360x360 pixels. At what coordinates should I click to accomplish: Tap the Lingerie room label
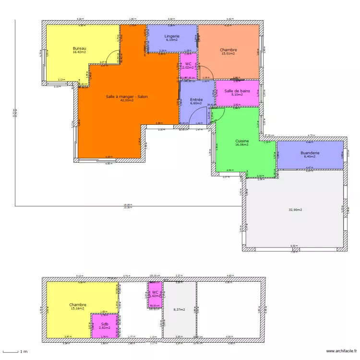pyautogui.click(x=172, y=36)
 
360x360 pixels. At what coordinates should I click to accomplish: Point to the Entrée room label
pyautogui.click(x=196, y=99)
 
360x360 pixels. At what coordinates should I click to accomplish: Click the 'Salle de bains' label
pyautogui.click(x=237, y=91)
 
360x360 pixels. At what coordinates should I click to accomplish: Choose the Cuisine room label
pyautogui.click(x=241, y=141)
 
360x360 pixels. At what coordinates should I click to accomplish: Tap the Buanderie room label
pyautogui.click(x=310, y=153)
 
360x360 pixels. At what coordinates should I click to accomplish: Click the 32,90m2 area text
pyautogui.click(x=295, y=210)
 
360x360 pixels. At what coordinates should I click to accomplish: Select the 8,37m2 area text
pyautogui.click(x=179, y=310)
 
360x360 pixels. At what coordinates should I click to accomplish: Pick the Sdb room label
pyautogui.click(x=104, y=324)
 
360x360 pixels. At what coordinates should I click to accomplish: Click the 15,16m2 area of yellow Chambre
pyautogui.click(x=77, y=309)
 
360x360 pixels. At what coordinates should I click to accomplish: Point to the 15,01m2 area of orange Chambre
pyautogui.click(x=228, y=54)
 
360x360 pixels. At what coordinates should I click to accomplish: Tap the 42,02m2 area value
pyautogui.click(x=127, y=101)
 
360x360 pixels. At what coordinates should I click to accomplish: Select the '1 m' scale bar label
pyautogui.click(x=23, y=352)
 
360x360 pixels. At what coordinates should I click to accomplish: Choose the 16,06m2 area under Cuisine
pyautogui.click(x=241, y=144)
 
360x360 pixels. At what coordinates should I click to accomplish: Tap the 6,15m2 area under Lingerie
pyautogui.click(x=172, y=40)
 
